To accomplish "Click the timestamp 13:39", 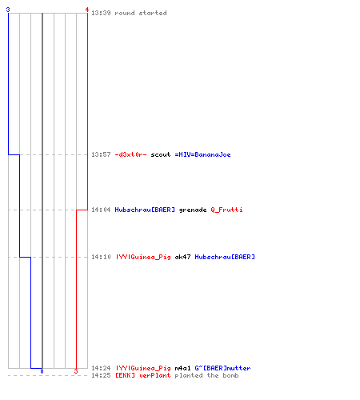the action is point(101,13).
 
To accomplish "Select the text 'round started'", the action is point(141,13).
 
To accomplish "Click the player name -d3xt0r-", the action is point(130,154).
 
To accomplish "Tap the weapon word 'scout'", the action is point(161,154).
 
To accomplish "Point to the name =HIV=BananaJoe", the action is point(202,154).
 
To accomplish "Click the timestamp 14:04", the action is point(101,210).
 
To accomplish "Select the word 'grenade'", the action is point(193,210).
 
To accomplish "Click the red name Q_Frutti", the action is point(226,210).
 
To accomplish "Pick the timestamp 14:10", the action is point(101,257).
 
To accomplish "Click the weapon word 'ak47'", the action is point(182,257).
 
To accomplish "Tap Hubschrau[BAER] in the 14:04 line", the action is point(145,210).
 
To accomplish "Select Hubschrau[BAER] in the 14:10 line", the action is point(225,257).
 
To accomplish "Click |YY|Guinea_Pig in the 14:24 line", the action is point(143,368).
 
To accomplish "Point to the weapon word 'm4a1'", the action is point(182,368).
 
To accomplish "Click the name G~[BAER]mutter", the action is point(222,368).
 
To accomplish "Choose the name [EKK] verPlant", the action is point(142,375).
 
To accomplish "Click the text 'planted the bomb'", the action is point(206,375).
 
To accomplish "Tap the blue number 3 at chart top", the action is point(8,10).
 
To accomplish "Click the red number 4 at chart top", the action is point(87,10).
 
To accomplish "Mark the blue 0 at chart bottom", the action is point(42,371).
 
